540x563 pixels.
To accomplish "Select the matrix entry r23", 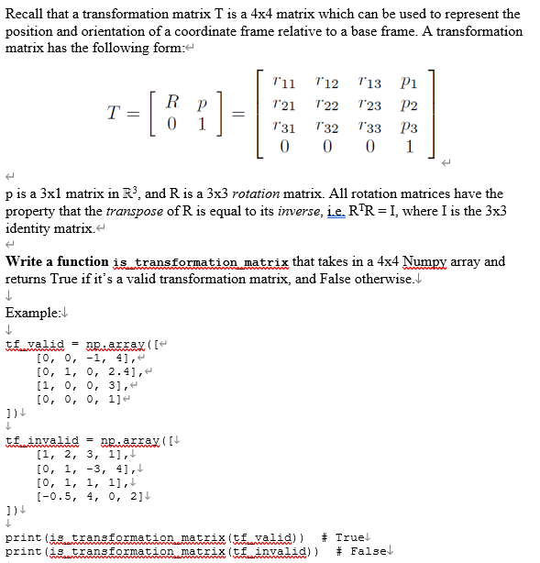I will pos(370,105).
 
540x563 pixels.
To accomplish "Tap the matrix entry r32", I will pos(328,126).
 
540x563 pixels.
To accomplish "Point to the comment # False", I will pos(361,550).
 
